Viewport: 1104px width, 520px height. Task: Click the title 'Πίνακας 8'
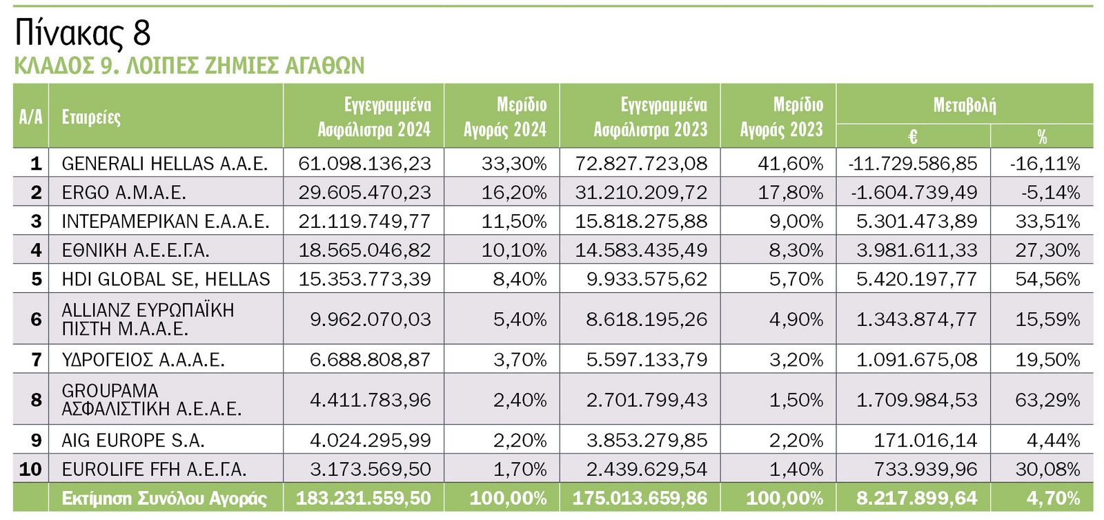point(82,32)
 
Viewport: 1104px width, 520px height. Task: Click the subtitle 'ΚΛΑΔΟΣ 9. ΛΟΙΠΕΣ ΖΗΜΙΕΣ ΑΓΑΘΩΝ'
point(189,66)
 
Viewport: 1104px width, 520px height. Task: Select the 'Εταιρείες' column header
point(91,117)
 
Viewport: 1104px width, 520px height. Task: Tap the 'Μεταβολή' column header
point(964,105)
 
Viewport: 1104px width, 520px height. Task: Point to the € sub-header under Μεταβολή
point(912,137)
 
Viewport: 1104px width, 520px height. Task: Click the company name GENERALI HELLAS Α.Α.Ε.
point(164,164)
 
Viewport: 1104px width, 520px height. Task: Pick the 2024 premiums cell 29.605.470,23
point(364,193)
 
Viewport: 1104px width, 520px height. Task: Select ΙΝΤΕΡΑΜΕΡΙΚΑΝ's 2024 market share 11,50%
point(514,222)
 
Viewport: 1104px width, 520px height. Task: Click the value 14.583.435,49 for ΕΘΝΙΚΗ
point(641,250)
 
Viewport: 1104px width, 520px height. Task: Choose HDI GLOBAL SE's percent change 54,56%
point(1047,279)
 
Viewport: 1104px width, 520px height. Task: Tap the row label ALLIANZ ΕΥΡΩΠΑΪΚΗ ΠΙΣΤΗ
point(148,319)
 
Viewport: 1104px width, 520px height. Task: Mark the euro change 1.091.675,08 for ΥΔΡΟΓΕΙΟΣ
point(916,360)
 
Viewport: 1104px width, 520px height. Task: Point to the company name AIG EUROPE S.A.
point(133,441)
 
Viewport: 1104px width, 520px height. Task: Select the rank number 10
point(30,470)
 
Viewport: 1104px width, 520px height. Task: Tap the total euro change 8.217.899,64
point(916,499)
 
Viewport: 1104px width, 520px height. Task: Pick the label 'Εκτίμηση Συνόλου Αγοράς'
point(164,499)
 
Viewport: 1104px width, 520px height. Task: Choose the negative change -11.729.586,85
point(912,164)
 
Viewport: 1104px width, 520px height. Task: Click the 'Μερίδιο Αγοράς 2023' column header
point(781,117)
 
